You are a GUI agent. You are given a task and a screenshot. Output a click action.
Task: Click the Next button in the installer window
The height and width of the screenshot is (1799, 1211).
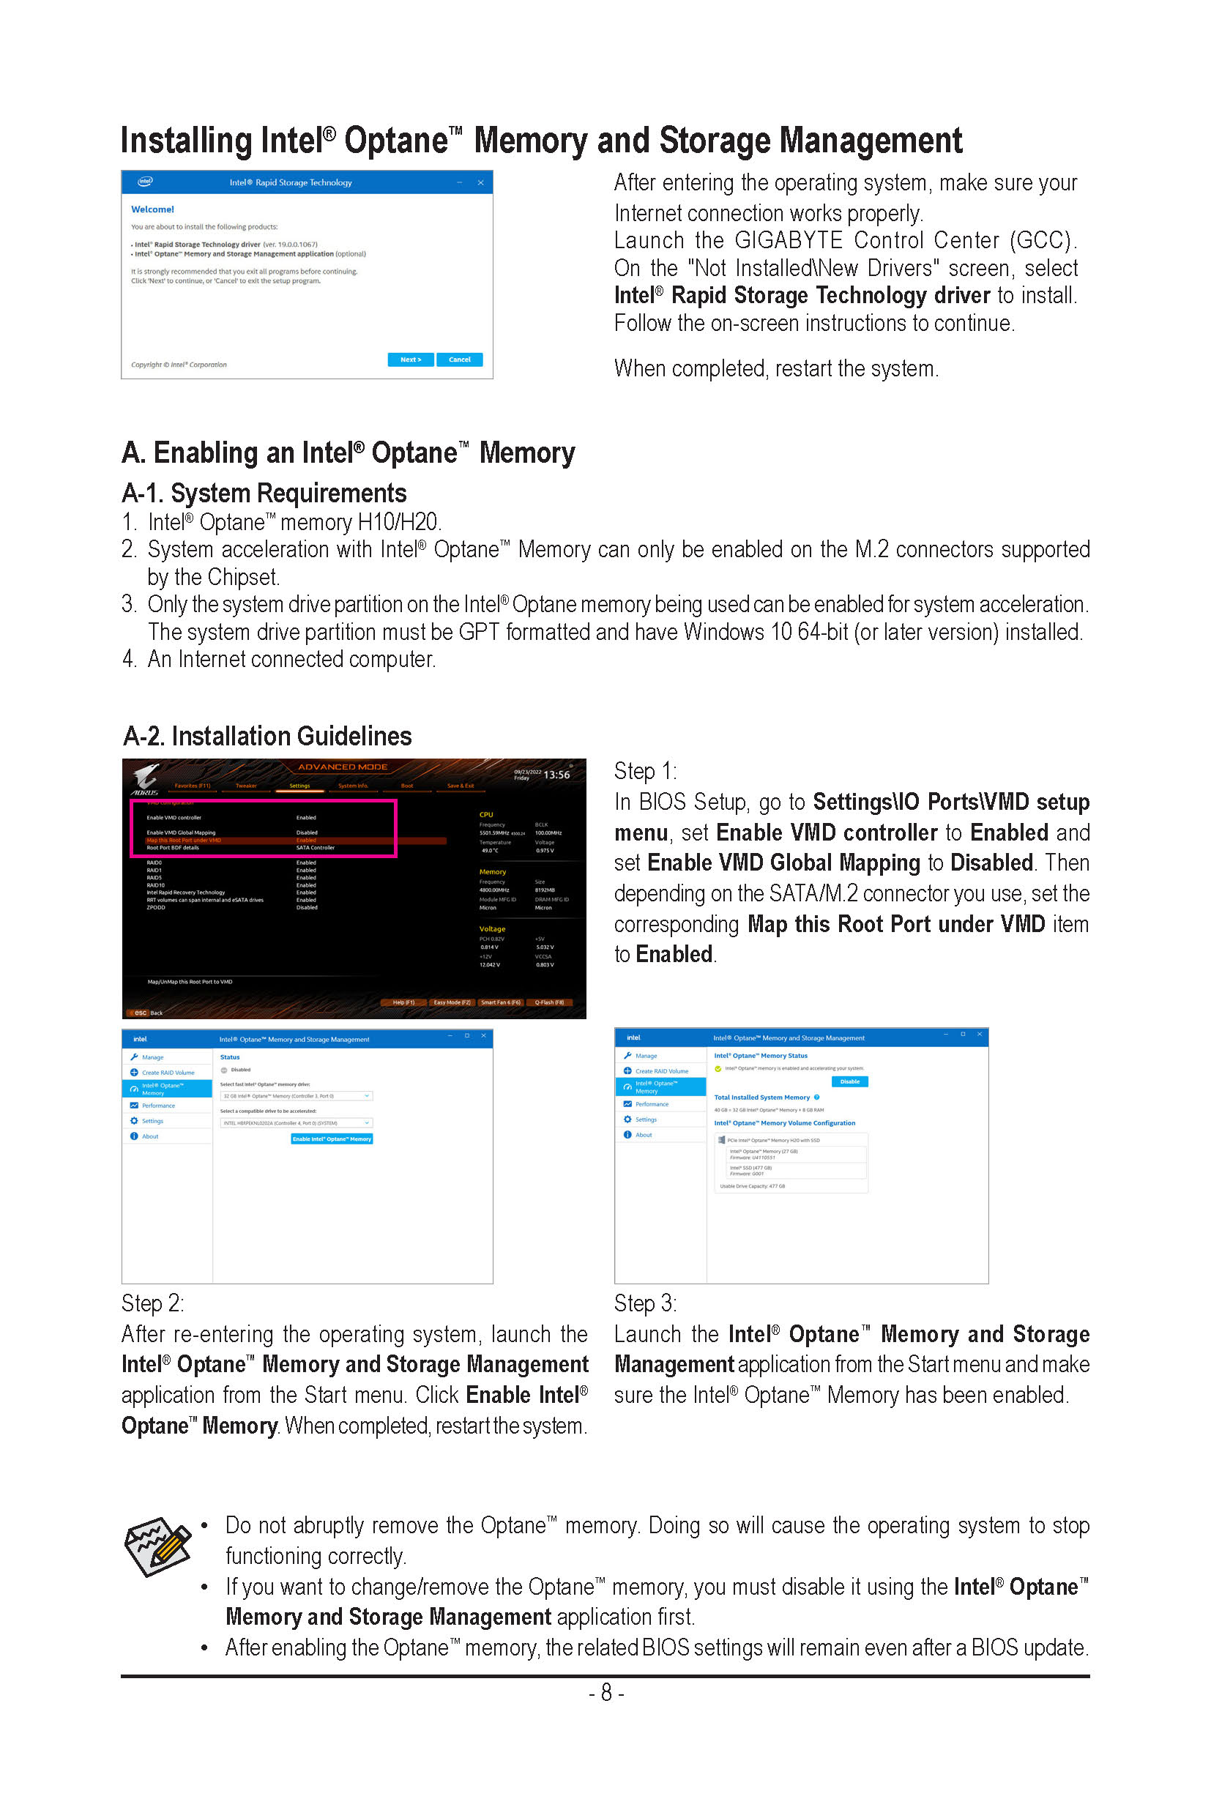410,360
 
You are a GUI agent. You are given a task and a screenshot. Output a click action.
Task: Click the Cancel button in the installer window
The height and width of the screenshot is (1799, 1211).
460,360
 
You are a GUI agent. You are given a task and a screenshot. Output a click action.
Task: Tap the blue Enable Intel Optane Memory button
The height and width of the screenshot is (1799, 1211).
332,1139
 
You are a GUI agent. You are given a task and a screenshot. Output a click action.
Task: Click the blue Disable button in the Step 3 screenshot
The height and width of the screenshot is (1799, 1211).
849,1082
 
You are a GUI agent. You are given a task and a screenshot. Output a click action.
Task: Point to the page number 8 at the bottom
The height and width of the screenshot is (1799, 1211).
606,1693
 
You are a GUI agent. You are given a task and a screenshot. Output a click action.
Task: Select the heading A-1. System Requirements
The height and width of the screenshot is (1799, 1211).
264,493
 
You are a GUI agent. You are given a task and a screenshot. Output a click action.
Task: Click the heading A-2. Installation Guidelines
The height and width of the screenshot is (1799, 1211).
267,736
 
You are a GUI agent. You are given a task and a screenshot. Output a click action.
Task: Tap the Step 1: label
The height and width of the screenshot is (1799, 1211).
645,771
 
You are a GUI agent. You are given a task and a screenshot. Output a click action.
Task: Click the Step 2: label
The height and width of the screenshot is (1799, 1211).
152,1304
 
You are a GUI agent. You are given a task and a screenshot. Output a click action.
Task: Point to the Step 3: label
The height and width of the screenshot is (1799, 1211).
645,1304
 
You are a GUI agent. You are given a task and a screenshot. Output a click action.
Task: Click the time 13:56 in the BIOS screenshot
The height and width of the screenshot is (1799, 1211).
557,775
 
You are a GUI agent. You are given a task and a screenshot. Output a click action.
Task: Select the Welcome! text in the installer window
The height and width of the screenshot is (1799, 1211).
152,209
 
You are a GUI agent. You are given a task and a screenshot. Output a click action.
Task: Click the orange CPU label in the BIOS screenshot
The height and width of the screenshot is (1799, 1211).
485,815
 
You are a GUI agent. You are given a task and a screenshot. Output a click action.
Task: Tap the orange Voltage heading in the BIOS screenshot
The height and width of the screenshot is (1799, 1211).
492,929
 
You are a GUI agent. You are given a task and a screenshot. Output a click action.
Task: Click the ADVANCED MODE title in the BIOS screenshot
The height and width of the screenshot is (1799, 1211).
343,767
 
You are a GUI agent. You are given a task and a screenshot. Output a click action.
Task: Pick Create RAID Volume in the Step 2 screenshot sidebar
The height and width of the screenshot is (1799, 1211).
168,1073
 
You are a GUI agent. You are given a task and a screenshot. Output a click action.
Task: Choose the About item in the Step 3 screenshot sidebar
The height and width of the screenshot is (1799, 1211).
644,1136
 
